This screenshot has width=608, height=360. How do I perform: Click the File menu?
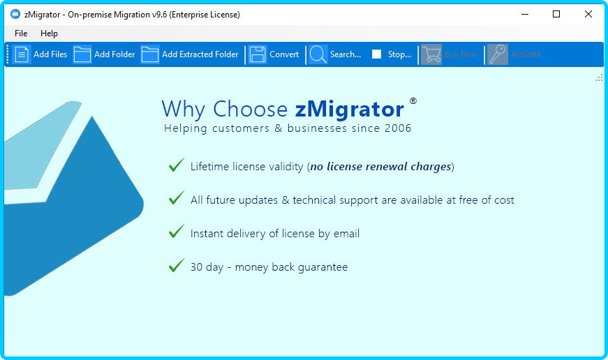pyautogui.click(x=21, y=33)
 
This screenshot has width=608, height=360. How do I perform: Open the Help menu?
pyautogui.click(x=49, y=33)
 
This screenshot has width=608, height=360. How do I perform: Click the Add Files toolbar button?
pyautogui.click(x=40, y=54)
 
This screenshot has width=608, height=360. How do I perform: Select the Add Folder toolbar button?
pyautogui.click(x=104, y=54)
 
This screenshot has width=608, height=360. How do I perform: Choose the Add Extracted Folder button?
pyautogui.click(x=190, y=54)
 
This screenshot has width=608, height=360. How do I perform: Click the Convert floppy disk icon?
pyautogui.click(x=258, y=54)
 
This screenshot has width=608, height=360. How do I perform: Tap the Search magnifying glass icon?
pyautogui.click(x=318, y=54)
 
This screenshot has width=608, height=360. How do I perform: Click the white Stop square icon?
pyautogui.click(x=376, y=54)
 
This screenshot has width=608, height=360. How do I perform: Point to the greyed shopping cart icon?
pyautogui.click(x=431, y=54)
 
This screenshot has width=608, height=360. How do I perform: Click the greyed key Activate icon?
pyautogui.click(x=498, y=54)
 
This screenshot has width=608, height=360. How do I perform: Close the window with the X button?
pyautogui.click(x=588, y=15)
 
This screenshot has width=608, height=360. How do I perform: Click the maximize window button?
pyautogui.click(x=556, y=15)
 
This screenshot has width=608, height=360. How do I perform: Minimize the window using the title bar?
pyautogui.click(x=525, y=15)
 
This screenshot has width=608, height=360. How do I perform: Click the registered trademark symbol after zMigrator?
pyautogui.click(x=413, y=101)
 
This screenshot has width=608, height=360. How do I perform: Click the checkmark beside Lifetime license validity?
pyautogui.click(x=177, y=165)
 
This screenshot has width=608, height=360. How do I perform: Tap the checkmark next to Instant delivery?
pyautogui.click(x=177, y=232)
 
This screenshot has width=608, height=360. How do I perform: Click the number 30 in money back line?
pyautogui.click(x=197, y=267)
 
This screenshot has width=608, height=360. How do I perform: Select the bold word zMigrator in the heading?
pyautogui.click(x=349, y=110)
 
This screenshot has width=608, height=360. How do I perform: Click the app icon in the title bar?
pyautogui.click(x=15, y=15)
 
